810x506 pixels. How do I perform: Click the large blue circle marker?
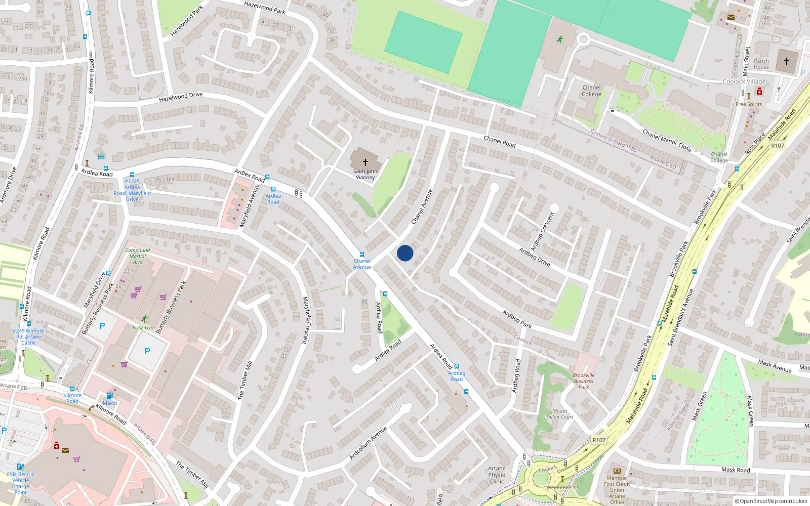405,253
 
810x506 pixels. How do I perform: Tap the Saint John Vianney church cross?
365,162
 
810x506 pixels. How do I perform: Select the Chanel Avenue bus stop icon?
362,255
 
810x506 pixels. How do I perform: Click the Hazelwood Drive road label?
181,97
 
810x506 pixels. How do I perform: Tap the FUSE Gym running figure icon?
144,319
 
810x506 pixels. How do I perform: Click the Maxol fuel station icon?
109,396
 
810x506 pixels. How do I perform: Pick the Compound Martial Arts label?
138,256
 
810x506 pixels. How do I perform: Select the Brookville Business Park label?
584,381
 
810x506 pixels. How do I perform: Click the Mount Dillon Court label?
560,414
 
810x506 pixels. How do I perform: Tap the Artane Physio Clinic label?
497,475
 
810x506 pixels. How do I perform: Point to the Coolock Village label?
744,81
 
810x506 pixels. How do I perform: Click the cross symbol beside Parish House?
787,61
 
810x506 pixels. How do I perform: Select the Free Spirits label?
749,104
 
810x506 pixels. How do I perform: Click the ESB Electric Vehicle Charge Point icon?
20,467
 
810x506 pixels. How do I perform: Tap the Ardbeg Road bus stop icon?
457,366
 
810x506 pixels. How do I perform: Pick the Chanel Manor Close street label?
667,140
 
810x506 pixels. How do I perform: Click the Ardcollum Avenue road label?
368,443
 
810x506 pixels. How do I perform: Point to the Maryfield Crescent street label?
306,320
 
